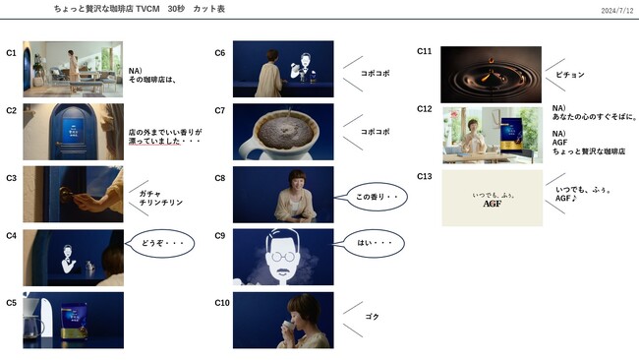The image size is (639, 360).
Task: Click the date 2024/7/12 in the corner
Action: coord(615,11)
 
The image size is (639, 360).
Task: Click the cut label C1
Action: coord(11,53)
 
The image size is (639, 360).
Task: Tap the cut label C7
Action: coord(220,110)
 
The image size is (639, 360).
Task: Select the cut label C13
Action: coord(425,176)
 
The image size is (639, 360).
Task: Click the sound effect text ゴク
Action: coord(372,317)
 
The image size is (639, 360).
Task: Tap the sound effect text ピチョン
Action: coord(569,75)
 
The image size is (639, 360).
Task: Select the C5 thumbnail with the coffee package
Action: coord(74,319)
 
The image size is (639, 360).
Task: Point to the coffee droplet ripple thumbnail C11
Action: coord(478,74)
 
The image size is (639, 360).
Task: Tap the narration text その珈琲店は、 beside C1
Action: coord(151,80)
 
